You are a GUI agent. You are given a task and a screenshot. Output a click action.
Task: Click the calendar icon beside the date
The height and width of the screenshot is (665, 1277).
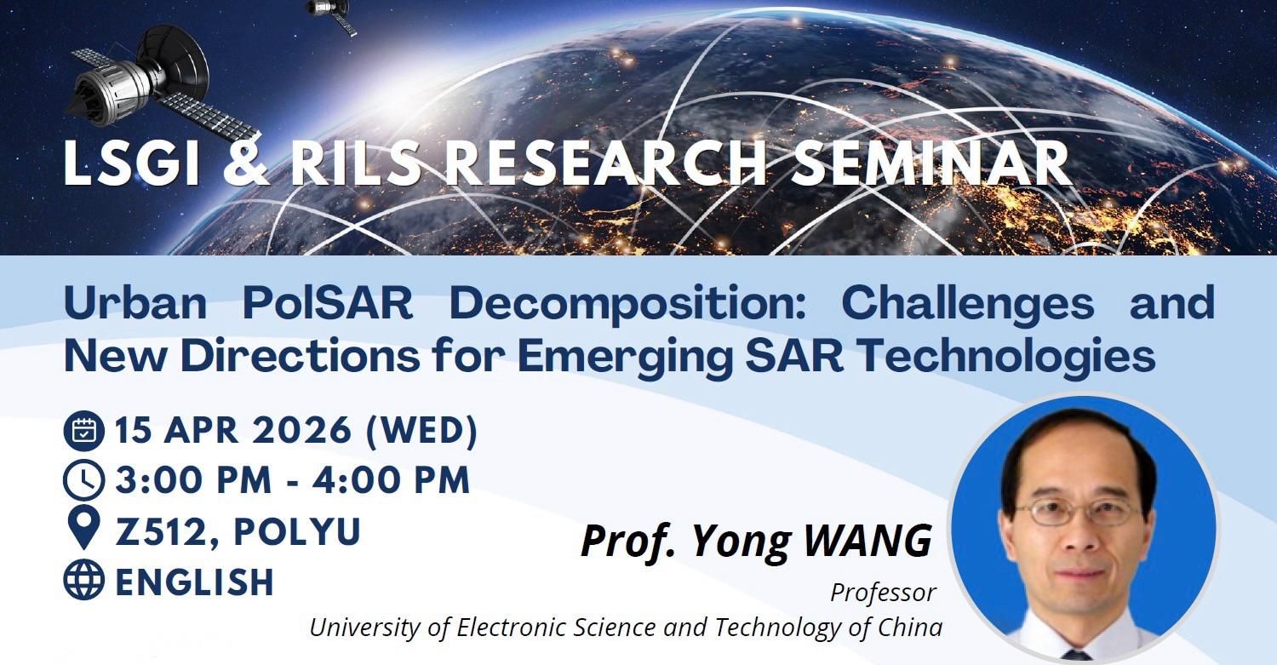83,432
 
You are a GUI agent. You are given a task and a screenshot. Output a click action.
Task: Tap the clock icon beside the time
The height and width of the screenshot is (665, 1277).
83,481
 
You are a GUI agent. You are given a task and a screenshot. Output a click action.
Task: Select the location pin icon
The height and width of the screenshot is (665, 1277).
83,530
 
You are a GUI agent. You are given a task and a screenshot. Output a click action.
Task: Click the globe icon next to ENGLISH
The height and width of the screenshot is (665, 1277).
83,581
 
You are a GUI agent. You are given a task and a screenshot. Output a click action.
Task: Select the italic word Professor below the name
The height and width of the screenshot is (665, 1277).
883,592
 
